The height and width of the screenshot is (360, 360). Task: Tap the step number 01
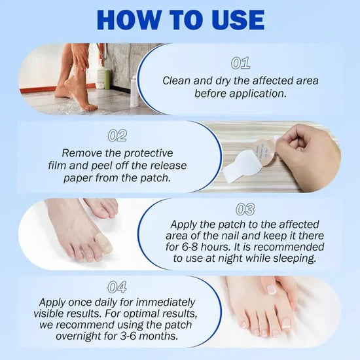click(x=242, y=63)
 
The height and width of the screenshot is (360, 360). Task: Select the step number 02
click(x=117, y=135)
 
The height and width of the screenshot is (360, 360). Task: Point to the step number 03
click(x=244, y=209)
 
